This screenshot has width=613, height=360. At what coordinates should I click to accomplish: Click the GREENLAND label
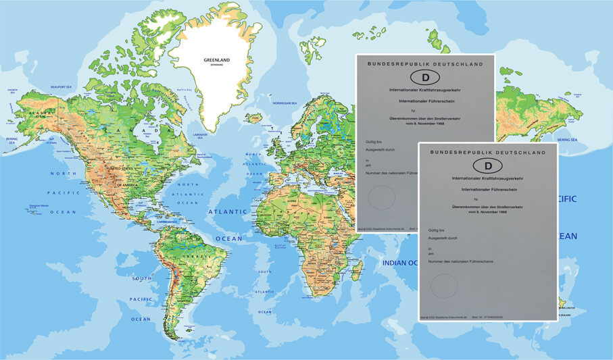point(216,60)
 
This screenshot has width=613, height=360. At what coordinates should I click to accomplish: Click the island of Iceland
point(253,118)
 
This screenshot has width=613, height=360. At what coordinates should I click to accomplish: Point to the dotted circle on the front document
point(444,286)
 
